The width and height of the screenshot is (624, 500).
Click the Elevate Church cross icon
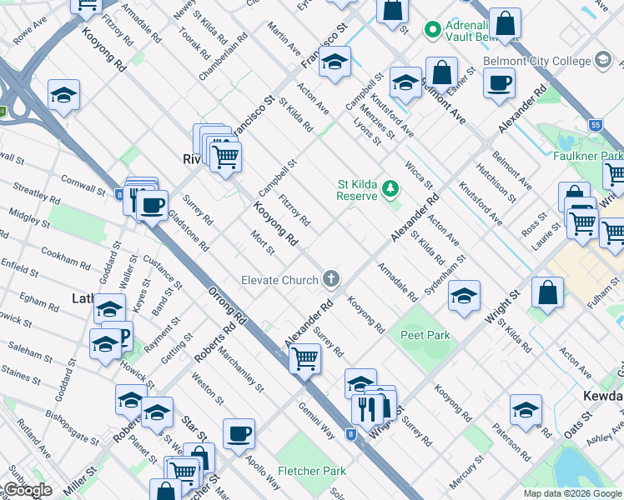[332, 279]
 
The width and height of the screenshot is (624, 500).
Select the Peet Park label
[425, 335]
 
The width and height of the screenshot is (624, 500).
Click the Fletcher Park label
[310, 471]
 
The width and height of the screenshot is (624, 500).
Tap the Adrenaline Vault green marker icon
[432, 30]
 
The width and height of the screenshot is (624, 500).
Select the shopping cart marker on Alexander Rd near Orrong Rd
[305, 359]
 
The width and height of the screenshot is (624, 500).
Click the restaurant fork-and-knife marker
[368, 407]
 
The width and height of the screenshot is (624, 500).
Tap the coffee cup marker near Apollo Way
[239, 433]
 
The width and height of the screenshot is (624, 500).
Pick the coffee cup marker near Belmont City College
[499, 82]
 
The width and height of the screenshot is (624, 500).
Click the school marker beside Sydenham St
[464, 295]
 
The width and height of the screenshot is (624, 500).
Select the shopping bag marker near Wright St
[547, 292]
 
